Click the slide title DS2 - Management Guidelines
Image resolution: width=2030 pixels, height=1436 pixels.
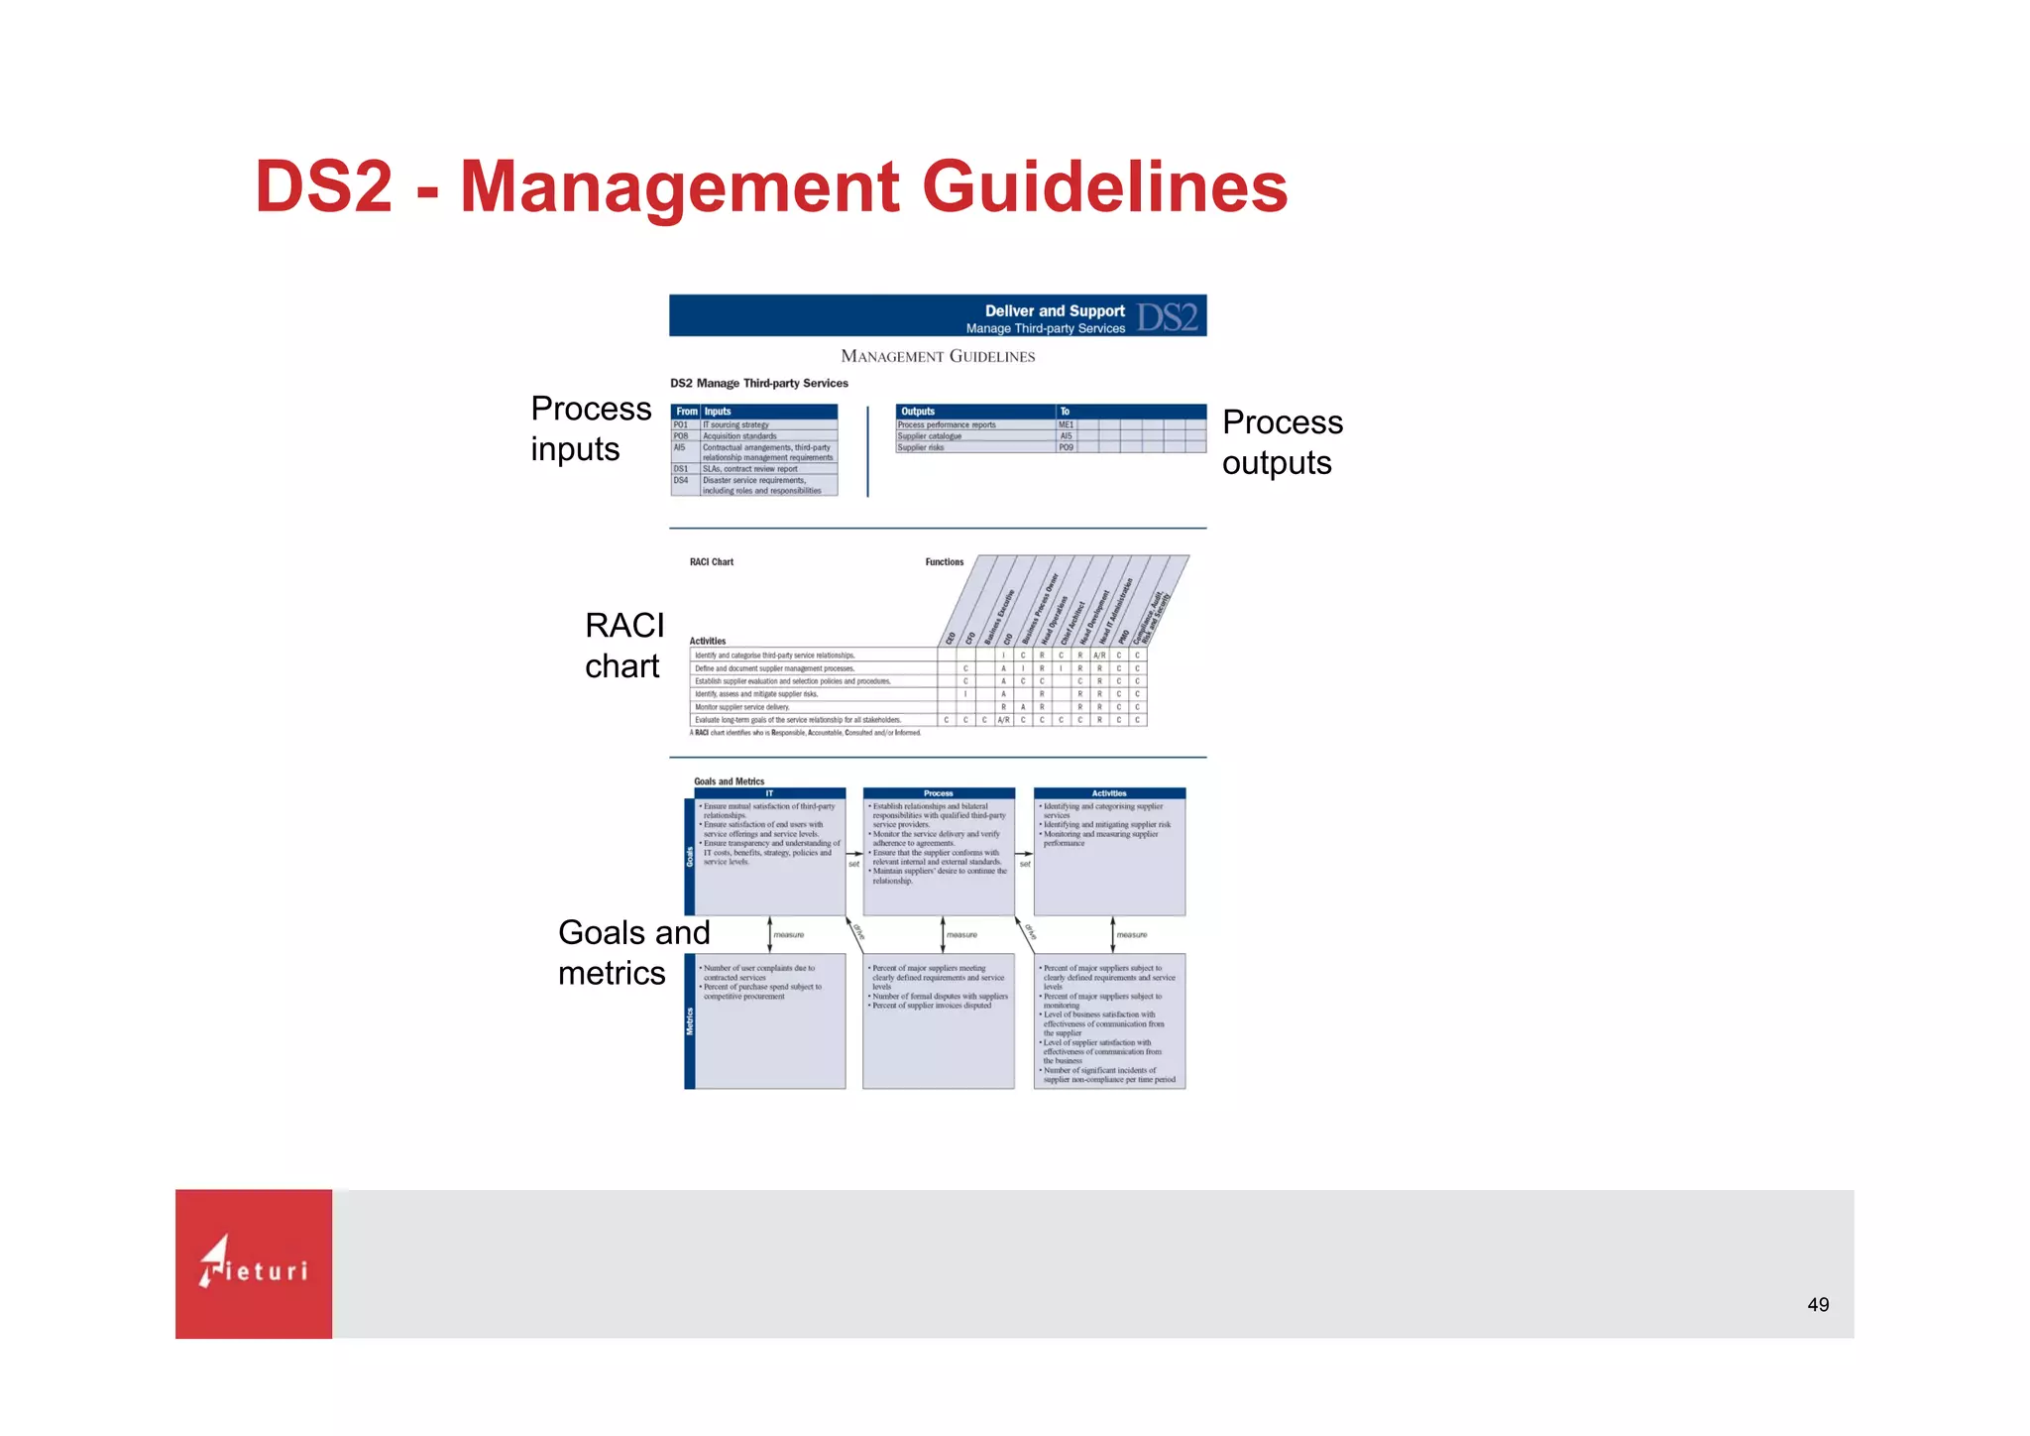click(x=770, y=186)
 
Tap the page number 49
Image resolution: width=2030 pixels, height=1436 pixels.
click(x=1817, y=1305)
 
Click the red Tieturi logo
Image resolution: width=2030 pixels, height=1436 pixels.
click(x=254, y=1263)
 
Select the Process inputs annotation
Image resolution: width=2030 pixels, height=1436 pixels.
click(x=591, y=428)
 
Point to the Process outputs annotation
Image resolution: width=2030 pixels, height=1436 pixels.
click(x=1282, y=442)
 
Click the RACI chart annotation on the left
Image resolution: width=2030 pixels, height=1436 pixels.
click(x=624, y=646)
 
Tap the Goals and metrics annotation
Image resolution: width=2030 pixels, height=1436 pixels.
click(x=633, y=952)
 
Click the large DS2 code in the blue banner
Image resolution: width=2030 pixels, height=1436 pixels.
click(x=1167, y=317)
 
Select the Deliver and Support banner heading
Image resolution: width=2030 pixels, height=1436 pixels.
click(x=1054, y=310)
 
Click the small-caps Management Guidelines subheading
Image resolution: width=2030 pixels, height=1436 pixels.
click(x=937, y=356)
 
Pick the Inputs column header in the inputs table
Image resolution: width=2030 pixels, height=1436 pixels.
click(x=718, y=412)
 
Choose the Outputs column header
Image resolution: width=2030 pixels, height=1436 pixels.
click(x=918, y=412)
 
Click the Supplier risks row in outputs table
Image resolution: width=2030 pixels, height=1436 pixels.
click(x=922, y=447)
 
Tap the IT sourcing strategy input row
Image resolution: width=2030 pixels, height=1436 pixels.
click(x=736, y=424)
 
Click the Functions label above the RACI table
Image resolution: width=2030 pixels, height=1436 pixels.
click(x=944, y=562)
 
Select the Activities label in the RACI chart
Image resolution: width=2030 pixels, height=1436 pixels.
click(x=708, y=641)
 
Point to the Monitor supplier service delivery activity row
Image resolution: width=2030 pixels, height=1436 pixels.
click(x=742, y=707)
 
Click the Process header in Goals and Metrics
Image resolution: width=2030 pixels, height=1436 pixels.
click(x=938, y=793)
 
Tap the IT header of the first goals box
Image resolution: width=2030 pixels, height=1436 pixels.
click(x=769, y=793)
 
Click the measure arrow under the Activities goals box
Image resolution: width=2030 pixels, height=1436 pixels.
click(x=1113, y=934)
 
